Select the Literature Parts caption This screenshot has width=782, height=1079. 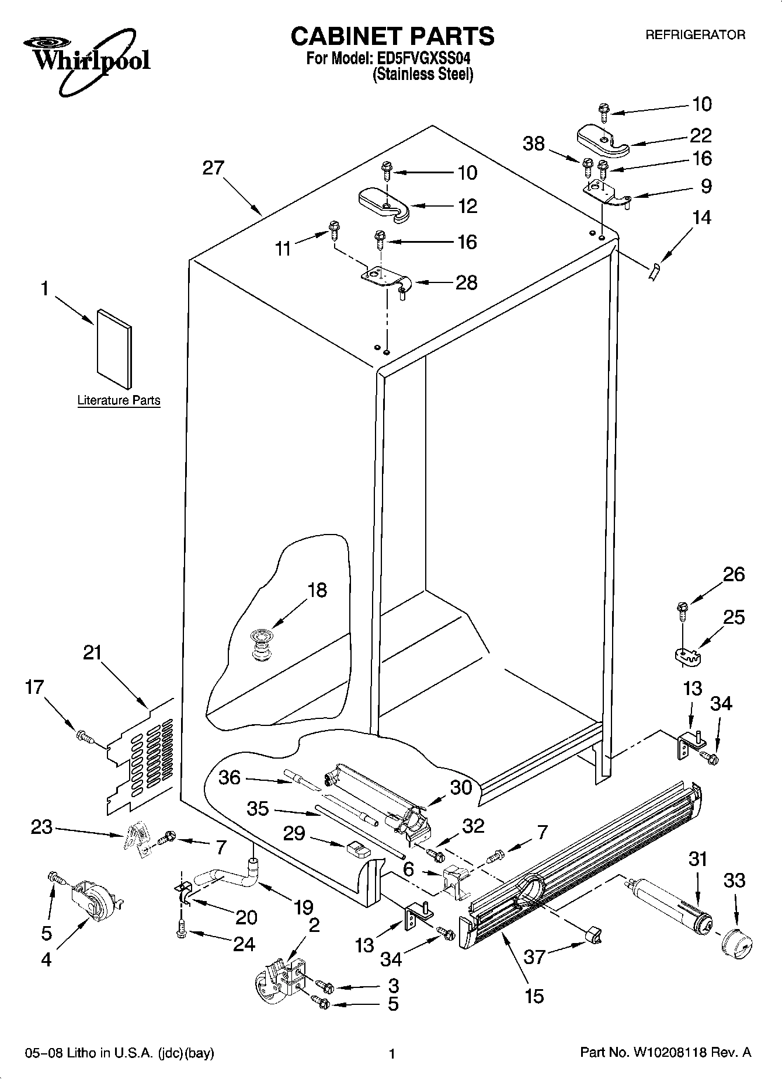pos(119,400)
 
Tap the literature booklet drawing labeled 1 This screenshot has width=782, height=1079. pos(114,348)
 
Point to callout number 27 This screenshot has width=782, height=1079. pos(213,169)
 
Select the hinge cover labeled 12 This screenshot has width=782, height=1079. pos(384,204)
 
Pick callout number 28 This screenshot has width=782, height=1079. pos(466,283)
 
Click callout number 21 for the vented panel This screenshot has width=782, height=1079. pos(92,653)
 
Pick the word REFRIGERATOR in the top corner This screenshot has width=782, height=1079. pos(695,35)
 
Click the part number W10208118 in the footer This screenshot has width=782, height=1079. pos(669,1053)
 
